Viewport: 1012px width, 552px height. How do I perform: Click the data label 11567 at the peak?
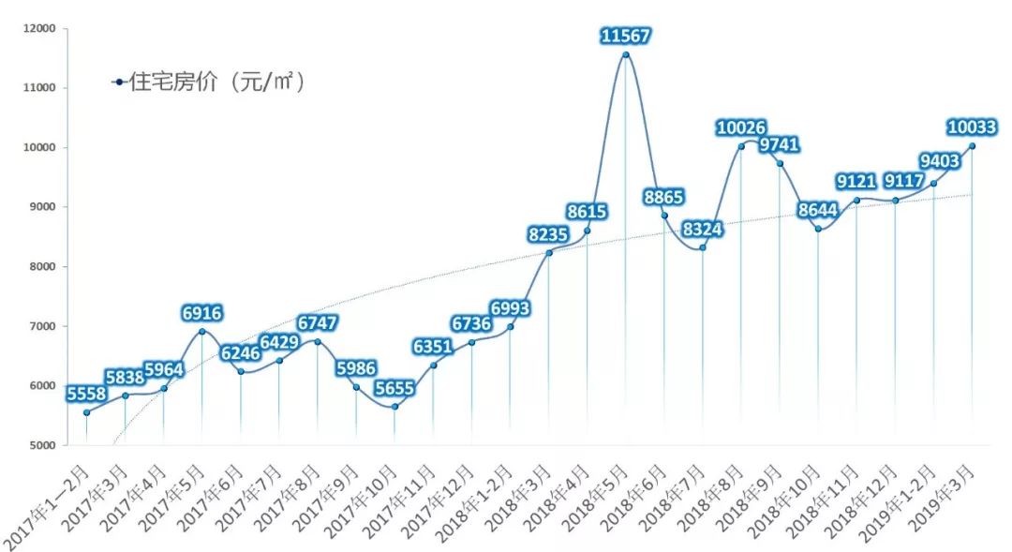click(625, 36)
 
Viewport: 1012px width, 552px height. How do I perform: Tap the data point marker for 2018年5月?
click(625, 55)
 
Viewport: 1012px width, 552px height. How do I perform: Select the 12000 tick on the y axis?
click(40, 28)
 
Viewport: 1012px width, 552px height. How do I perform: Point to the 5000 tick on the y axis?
click(42, 445)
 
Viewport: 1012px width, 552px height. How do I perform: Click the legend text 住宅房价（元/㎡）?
click(217, 82)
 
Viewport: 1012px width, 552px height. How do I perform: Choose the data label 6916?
click(202, 314)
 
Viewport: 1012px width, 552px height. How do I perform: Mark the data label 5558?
click(86, 394)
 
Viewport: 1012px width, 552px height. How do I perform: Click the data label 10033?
click(972, 127)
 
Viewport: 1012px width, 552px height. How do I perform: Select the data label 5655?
click(394, 388)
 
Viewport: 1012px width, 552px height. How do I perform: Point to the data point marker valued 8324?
click(703, 248)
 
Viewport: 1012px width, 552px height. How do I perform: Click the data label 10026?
click(741, 127)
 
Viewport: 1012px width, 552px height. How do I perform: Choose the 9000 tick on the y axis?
click(42, 206)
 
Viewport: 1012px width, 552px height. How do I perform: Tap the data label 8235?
click(548, 234)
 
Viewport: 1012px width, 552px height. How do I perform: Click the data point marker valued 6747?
click(318, 342)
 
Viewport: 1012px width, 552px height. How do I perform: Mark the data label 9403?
click(940, 161)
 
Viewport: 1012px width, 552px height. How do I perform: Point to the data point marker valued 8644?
click(818, 230)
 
